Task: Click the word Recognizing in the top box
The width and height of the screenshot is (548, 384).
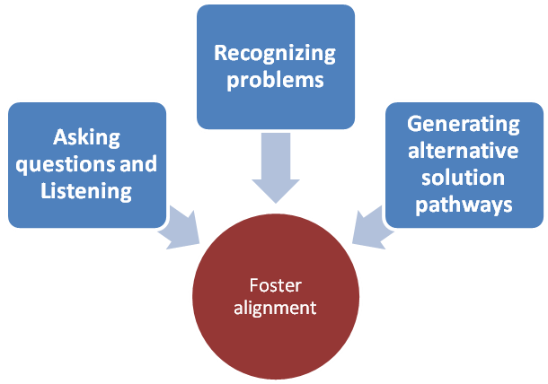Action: (274, 53)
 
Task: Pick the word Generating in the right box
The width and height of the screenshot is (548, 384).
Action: (463, 123)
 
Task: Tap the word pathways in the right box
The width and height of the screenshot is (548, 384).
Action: (463, 204)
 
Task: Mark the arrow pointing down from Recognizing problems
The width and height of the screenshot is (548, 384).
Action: (275, 166)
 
